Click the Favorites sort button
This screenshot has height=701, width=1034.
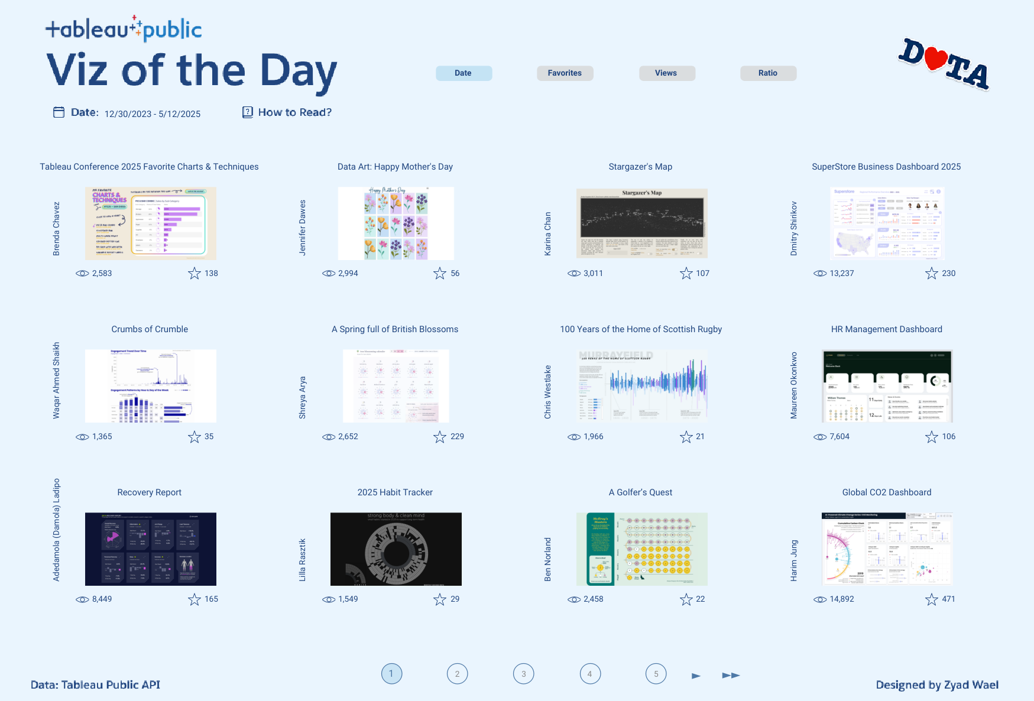point(565,73)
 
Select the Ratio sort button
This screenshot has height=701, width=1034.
point(768,73)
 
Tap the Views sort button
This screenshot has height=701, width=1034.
point(666,73)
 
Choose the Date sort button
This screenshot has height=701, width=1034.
point(463,73)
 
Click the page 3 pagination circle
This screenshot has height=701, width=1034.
point(523,674)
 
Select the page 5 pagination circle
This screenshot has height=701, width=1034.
point(656,674)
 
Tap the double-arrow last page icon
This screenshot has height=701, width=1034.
point(731,675)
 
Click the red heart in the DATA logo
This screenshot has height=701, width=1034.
point(935,59)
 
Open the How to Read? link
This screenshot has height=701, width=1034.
point(294,112)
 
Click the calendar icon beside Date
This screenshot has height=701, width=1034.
point(59,112)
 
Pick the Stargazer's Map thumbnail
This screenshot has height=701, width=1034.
point(641,223)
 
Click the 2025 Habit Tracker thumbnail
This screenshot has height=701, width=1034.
point(396,549)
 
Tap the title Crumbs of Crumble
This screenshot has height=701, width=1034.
point(150,329)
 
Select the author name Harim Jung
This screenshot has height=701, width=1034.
point(794,560)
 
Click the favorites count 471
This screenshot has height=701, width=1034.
point(948,599)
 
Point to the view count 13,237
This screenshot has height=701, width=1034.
point(841,273)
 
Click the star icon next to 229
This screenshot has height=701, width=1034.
point(439,437)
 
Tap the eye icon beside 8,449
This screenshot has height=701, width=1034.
point(82,599)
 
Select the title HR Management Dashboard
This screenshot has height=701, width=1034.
point(886,329)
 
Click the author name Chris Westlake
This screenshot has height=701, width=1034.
point(547,392)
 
